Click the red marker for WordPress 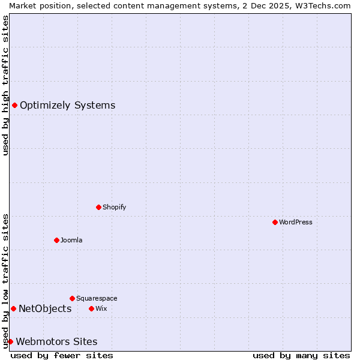[x=275, y=222]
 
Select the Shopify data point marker [x=98, y=207]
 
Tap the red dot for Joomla [x=56, y=240]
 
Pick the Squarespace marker [x=72, y=298]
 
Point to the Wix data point [x=91, y=308]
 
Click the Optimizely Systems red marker [x=14, y=106]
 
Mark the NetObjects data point [x=13, y=308]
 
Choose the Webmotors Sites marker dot [x=10, y=341]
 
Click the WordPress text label [x=296, y=222]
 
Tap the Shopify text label [x=114, y=207]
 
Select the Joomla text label [x=71, y=240]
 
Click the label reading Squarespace [x=97, y=298]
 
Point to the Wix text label [x=101, y=308]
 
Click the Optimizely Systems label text [x=67, y=106]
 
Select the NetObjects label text [x=45, y=308]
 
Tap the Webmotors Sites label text [x=56, y=341]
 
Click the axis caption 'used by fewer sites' [x=62, y=355]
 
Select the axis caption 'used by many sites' [x=301, y=355]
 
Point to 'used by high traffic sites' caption [x=5, y=85]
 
